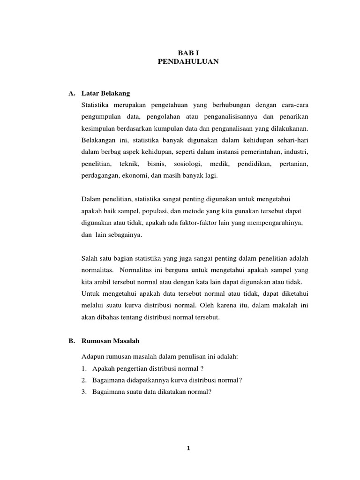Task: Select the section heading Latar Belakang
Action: [x=106, y=93]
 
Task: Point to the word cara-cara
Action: [x=295, y=104]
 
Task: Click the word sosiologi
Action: [x=187, y=164]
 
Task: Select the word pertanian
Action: [x=293, y=164]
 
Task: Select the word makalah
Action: [x=280, y=305]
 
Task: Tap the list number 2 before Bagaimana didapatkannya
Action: [x=84, y=380]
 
